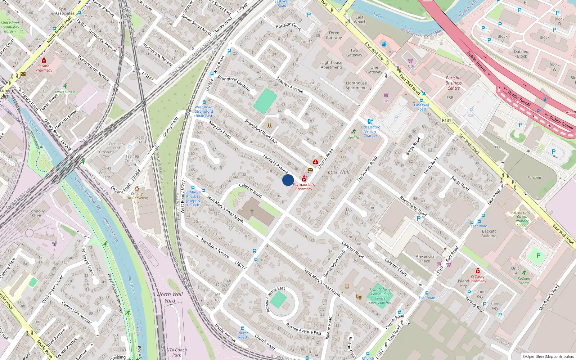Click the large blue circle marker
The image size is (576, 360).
[288, 180]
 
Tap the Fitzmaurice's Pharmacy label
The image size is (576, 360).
[303, 186]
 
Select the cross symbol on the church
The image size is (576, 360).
[252, 212]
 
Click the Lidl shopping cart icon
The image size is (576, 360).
[386, 95]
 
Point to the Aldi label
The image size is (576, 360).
[410, 66]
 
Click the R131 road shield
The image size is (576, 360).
[446, 120]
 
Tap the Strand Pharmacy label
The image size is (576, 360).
[44, 68]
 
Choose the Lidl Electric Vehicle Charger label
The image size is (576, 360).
[370, 131]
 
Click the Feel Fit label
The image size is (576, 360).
[354, 138]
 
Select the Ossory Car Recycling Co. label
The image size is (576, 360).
[137, 198]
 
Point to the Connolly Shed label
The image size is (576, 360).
[36, 213]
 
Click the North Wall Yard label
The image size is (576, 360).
[170, 297]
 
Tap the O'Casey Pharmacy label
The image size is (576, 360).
[478, 279]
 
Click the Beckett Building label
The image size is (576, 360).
[489, 234]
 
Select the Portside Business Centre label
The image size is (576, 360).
[454, 83]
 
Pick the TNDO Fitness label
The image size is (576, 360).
[65, 92]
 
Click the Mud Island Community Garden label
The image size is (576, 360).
[10, 27]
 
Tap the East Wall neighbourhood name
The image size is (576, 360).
[338, 172]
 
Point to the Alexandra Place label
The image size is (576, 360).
[425, 258]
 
